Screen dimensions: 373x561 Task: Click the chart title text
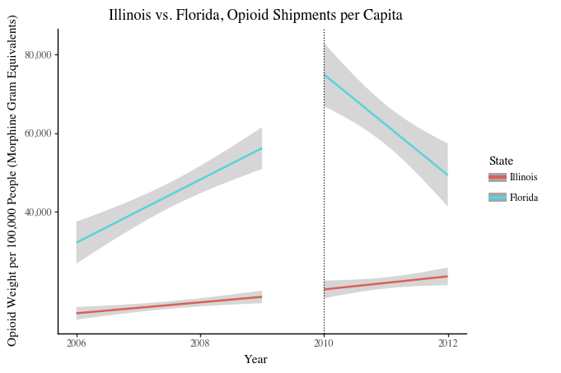[x=256, y=15]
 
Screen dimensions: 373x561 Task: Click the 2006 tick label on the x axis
[x=76, y=343]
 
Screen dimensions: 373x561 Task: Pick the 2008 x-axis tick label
[x=200, y=343]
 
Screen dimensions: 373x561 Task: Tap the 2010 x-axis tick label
[x=324, y=343]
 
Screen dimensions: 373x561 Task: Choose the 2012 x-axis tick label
[x=448, y=343]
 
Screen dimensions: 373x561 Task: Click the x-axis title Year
[x=255, y=360]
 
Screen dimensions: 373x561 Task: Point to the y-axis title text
[x=12, y=181]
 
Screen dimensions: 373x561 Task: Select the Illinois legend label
[x=524, y=177]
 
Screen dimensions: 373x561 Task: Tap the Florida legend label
[x=524, y=198]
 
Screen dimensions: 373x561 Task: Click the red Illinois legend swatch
[x=497, y=177]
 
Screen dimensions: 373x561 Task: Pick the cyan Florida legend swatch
[x=497, y=198]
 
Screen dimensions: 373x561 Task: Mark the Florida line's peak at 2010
[x=325, y=75]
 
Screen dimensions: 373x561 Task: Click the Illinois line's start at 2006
[x=77, y=314]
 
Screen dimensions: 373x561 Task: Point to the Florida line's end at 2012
[x=447, y=175]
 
